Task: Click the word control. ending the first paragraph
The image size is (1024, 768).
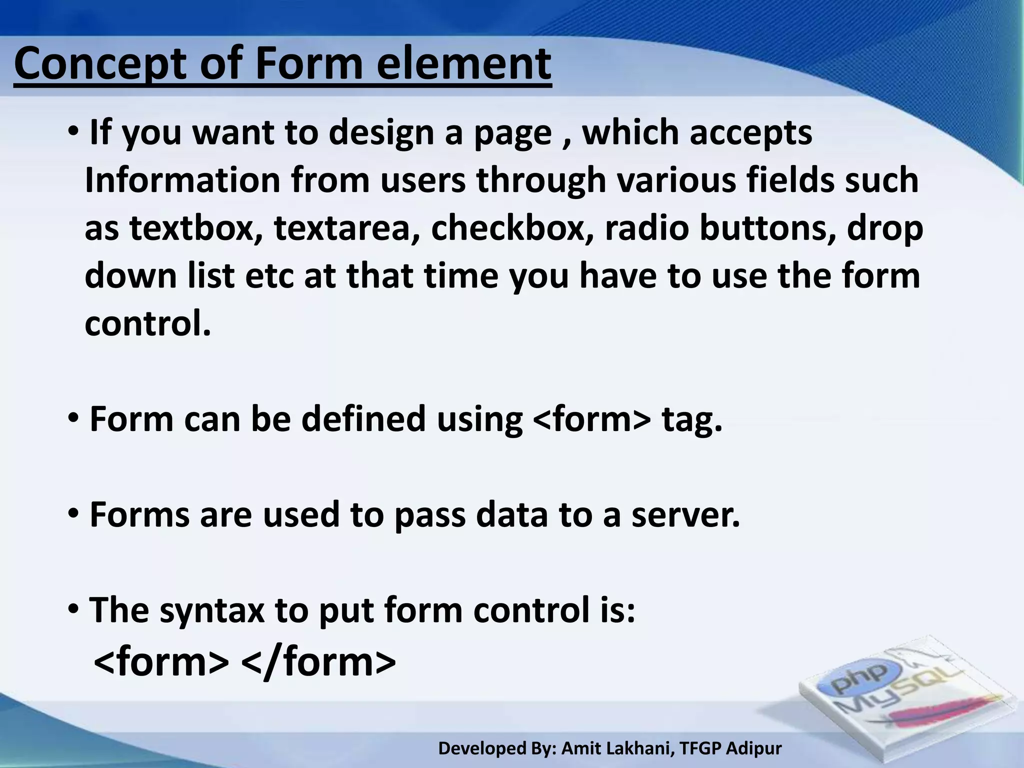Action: [x=148, y=324]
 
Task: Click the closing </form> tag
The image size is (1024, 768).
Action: [x=318, y=662]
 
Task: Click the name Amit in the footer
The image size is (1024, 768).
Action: [x=579, y=748]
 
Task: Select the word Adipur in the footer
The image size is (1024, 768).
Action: [x=753, y=748]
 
